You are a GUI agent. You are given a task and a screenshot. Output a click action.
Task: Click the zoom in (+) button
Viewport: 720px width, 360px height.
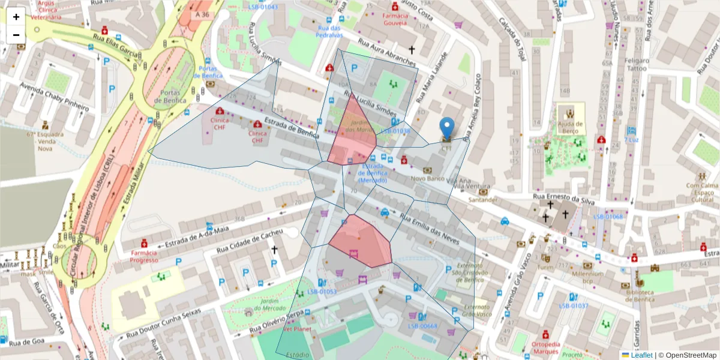(x=16, y=17)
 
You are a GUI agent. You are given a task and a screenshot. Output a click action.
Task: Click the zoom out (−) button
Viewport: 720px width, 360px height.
(x=16, y=35)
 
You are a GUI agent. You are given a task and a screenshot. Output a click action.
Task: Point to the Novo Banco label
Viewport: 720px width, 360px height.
(x=427, y=179)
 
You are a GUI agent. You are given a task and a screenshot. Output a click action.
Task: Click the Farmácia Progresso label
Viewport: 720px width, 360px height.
(x=144, y=257)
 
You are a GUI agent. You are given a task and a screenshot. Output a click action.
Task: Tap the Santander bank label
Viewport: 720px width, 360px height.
(x=484, y=200)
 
